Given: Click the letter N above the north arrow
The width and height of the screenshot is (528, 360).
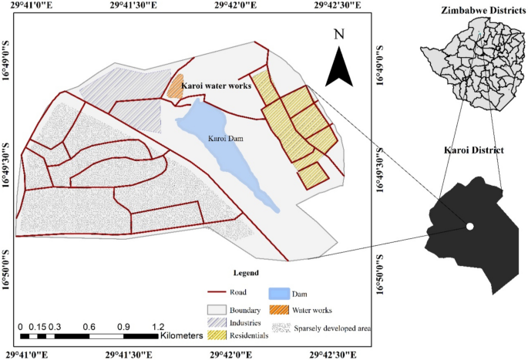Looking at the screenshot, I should pyautogui.click(x=338, y=34).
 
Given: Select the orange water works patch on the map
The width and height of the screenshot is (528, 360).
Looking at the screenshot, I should pyautogui.click(x=176, y=86).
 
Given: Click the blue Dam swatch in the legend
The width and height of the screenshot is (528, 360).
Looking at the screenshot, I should pyautogui.click(x=278, y=294).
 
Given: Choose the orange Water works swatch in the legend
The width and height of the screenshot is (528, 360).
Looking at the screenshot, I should pyautogui.click(x=278, y=311).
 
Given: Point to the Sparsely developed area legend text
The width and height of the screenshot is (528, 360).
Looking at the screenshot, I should pyautogui.click(x=333, y=329).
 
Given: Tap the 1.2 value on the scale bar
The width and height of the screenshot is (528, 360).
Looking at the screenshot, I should pyautogui.click(x=158, y=325).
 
